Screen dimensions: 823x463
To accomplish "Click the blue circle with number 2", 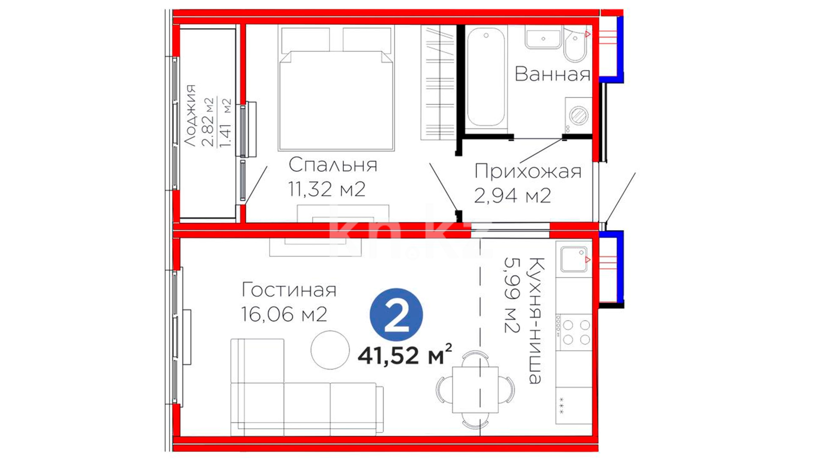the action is [396, 315].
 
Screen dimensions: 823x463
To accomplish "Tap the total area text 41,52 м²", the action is [405, 355].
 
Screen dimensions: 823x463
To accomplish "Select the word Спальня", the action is [333, 165].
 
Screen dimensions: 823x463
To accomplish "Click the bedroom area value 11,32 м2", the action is [327, 189].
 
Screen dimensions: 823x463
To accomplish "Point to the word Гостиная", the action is [289, 290].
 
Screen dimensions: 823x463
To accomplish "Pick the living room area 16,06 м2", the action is [284, 314].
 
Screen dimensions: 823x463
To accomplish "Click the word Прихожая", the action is [528, 171].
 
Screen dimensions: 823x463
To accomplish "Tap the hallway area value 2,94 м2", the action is [512, 195].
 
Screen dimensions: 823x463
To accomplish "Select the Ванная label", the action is [552, 74].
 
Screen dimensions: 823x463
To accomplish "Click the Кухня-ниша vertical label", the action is [536, 321].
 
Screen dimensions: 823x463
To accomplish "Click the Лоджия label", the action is [189, 116].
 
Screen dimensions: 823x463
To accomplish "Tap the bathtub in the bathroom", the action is [486, 78].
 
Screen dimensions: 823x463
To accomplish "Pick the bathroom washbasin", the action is [543, 39].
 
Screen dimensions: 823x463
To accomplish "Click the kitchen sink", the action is [574, 259].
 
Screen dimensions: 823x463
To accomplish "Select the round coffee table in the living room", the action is [330, 350].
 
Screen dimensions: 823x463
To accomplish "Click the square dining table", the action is [475, 389].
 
